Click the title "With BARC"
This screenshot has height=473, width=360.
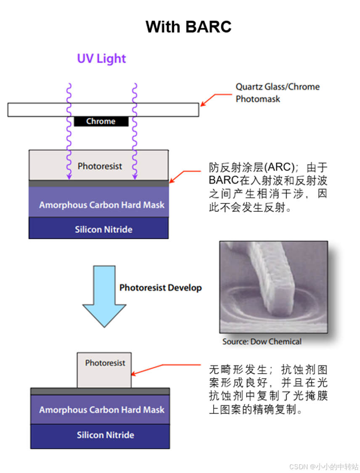188,27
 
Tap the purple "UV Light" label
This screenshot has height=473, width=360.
101,58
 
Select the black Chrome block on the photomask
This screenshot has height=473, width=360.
101,122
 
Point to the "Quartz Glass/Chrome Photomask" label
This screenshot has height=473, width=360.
278,93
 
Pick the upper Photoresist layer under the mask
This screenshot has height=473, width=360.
99,166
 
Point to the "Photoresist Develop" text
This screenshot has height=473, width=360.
160,288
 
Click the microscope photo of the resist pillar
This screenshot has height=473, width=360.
273,287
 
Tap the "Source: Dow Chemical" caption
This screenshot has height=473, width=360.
262,341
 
